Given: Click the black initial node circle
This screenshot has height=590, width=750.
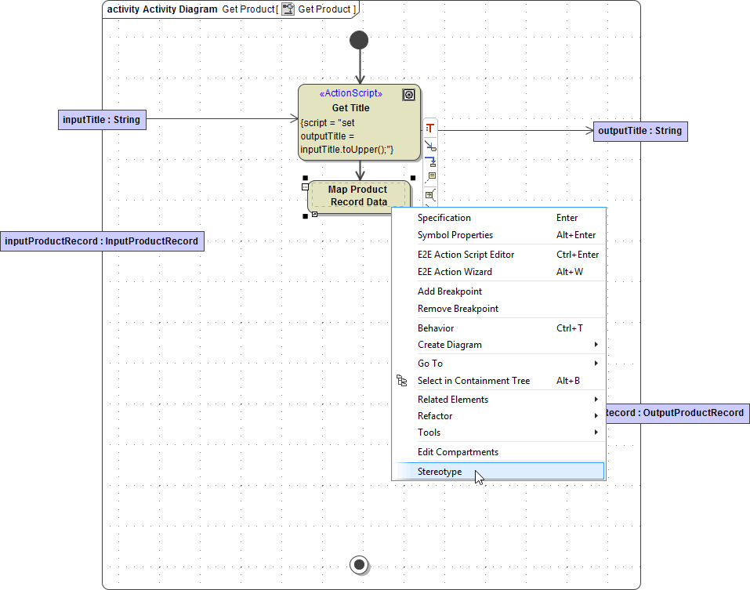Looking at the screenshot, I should coord(359,40).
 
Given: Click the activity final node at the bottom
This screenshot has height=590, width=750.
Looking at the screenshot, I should coord(359,564).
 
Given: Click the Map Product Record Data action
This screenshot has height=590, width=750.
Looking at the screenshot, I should coord(358,196).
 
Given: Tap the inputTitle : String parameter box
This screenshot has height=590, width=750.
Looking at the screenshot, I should coord(102,120).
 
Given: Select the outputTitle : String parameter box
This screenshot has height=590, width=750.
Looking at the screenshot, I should coord(640,131).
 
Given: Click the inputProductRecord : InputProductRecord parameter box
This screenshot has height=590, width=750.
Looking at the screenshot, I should coord(102,241).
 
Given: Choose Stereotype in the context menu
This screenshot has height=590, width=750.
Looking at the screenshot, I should coord(440,472).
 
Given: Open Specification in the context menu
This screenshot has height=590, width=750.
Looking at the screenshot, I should coord(444,218).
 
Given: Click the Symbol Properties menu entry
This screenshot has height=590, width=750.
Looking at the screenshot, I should coord(455,235).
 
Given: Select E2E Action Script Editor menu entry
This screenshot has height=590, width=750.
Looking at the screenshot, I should coord(466,255).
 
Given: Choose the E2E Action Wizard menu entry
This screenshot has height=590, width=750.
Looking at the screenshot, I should coord(455,272).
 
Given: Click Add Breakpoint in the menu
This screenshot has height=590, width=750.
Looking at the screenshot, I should coord(450,291).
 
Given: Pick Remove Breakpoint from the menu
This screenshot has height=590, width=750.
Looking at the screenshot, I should coord(458,309).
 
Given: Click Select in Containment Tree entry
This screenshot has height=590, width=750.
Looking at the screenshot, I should coord(473,381).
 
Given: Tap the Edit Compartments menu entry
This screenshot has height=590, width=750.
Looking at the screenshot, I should coord(458,452).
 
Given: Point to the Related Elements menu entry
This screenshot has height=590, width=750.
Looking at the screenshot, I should coord(453,400).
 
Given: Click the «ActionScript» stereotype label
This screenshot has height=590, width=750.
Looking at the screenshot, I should coord(351,94).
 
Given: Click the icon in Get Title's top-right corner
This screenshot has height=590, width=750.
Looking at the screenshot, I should coord(408,95).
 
